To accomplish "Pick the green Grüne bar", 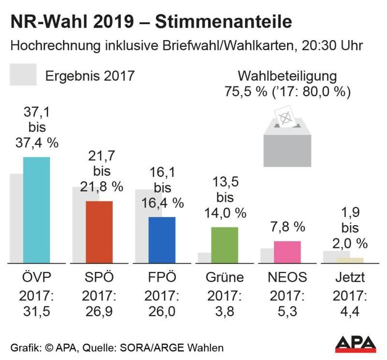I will [x=225, y=245].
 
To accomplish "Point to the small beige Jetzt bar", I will [x=350, y=260].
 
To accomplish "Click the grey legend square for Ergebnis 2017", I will [x=23, y=75].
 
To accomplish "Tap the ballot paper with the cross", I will [x=285, y=116].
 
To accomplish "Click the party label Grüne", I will [x=224, y=277].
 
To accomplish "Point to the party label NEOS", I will [x=287, y=277].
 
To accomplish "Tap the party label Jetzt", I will [x=349, y=277].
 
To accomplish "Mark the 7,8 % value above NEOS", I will [x=287, y=227].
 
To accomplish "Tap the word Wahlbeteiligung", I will [x=287, y=76].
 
